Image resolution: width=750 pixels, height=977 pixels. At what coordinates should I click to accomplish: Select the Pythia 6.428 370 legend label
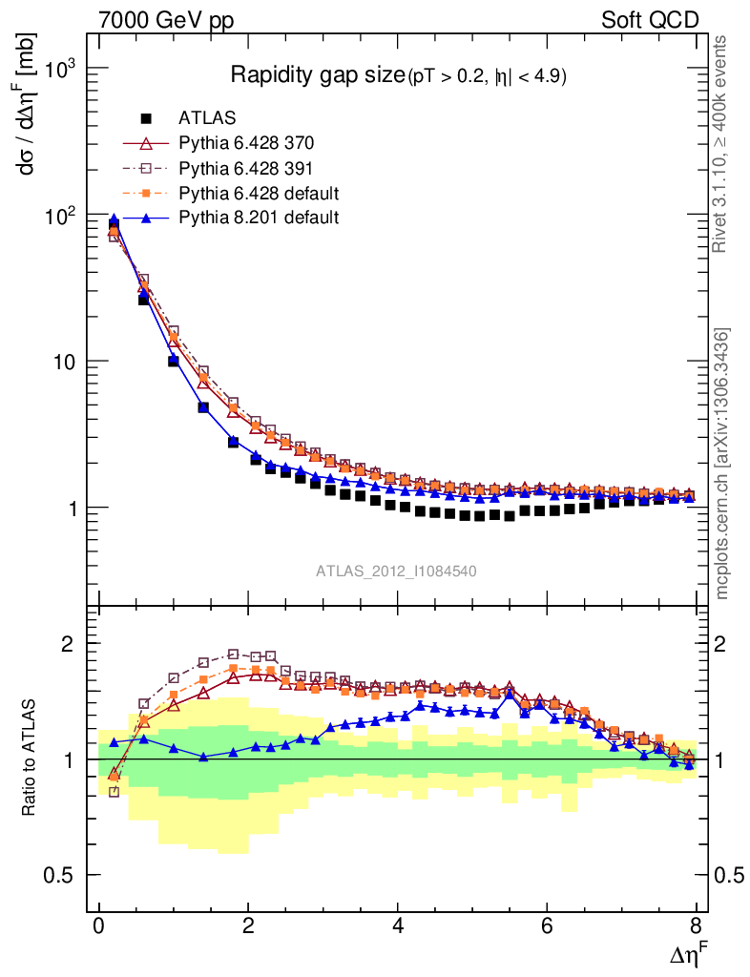point(246,143)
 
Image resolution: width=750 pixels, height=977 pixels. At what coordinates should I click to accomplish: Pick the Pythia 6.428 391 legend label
point(246,168)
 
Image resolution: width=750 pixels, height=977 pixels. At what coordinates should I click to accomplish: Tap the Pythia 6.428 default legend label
point(259,193)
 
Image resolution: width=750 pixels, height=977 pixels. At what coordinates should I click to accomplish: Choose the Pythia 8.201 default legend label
point(259,218)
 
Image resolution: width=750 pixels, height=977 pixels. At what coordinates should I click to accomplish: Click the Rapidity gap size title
point(318,75)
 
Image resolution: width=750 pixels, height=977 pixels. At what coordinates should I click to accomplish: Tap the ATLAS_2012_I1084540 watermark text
point(397,572)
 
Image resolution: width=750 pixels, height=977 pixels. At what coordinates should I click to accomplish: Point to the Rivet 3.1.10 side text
point(721,143)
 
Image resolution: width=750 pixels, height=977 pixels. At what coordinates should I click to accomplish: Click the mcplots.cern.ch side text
point(721,464)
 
